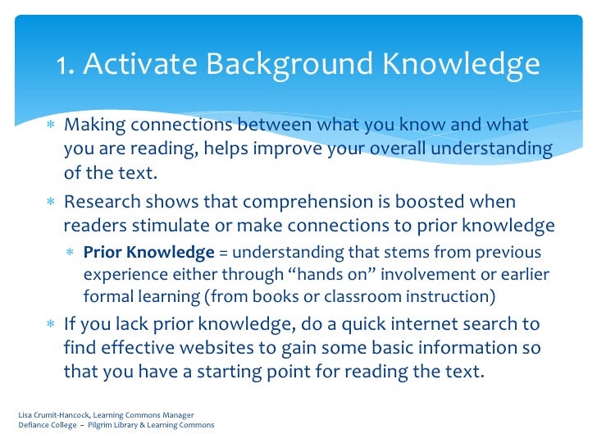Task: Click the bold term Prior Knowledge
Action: tap(148, 252)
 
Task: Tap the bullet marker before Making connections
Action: tap(50, 126)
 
